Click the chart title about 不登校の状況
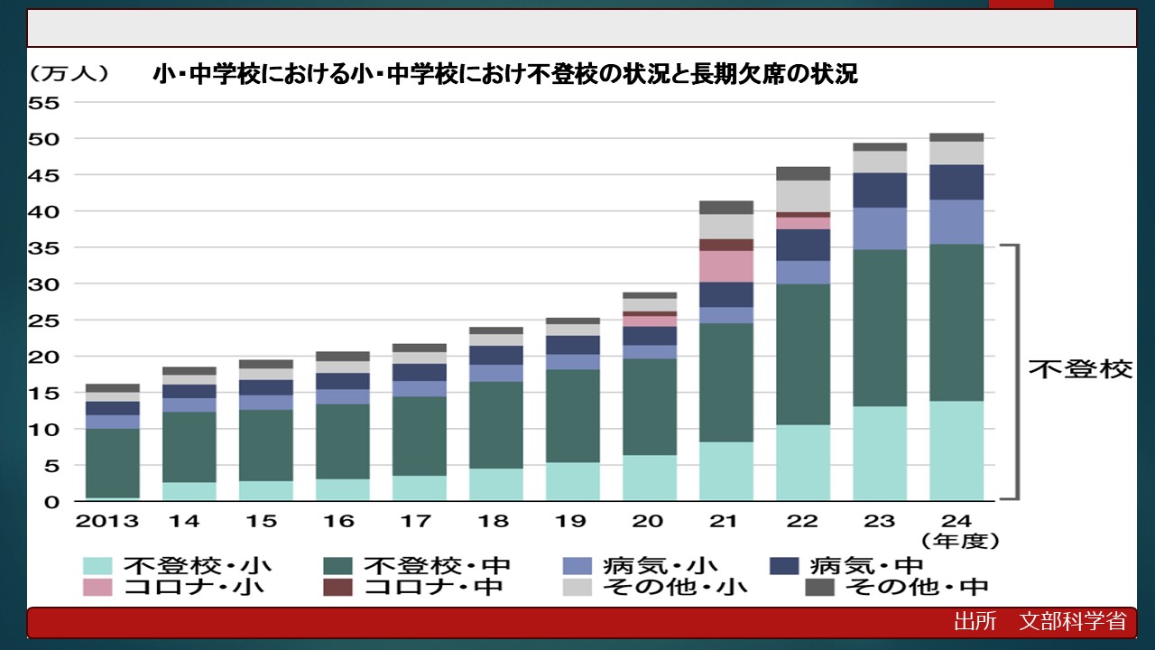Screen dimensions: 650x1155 coord(505,75)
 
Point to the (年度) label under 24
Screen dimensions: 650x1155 coord(959,541)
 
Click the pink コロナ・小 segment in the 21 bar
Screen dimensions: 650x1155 coord(726,266)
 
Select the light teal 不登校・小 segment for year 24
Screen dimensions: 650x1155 coord(956,450)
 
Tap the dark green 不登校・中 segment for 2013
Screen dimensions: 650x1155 coord(113,462)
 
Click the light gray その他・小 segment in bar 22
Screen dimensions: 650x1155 coord(803,196)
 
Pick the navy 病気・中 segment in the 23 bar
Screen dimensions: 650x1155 coord(880,190)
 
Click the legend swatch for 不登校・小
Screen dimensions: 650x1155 coord(97,566)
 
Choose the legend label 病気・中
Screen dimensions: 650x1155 coord(866,566)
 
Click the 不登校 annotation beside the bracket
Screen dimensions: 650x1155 coord(1080,370)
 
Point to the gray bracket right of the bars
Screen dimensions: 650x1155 coord(1016,370)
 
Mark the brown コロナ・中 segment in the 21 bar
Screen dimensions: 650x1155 coord(726,245)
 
